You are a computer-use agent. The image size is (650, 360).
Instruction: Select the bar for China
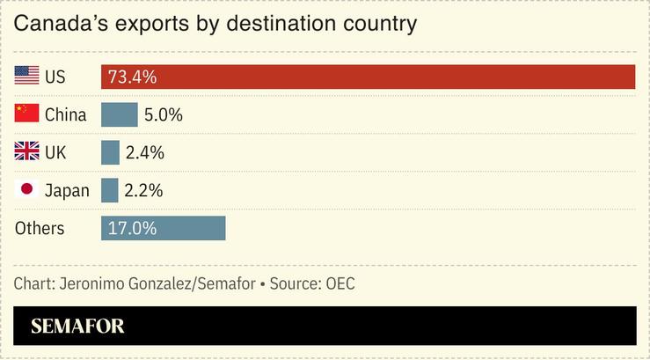point(119,114)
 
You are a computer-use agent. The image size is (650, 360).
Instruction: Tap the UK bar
point(110,152)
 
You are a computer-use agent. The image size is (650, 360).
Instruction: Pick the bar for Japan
point(109,190)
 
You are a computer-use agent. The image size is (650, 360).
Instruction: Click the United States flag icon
point(26,77)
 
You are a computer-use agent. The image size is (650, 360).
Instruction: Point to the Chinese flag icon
point(26,114)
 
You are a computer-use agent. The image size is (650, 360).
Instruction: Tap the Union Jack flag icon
point(26,152)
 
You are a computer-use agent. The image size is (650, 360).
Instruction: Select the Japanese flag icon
point(26,190)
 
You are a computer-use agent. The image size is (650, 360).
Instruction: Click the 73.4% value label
point(132,77)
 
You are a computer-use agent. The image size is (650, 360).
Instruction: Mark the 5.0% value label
point(164,114)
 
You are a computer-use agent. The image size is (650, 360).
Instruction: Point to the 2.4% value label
point(144,152)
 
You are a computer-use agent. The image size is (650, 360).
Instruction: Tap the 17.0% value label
point(132,228)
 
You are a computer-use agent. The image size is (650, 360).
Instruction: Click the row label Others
point(40,228)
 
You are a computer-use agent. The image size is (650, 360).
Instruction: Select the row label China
point(65,114)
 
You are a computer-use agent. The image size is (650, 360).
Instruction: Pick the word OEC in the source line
point(340,284)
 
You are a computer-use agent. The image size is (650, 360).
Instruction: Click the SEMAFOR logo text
point(77,327)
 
